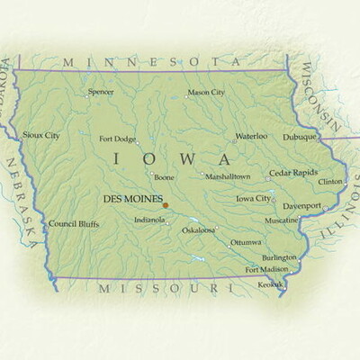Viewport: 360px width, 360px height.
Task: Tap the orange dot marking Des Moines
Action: (166, 205)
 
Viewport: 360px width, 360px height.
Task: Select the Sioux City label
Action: (41, 135)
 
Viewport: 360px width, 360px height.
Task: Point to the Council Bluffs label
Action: (75, 223)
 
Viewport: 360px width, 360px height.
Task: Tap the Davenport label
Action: (302, 205)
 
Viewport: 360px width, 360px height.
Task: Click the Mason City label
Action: (206, 92)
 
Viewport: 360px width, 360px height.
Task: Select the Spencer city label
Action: (101, 92)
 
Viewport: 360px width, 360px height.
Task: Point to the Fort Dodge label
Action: (118, 139)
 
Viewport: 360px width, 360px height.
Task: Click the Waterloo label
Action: (251, 136)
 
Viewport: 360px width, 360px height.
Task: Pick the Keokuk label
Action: (270, 283)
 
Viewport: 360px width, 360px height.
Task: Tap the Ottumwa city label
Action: (246, 242)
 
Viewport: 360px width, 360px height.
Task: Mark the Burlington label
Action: (280, 256)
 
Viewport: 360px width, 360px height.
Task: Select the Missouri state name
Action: (158, 289)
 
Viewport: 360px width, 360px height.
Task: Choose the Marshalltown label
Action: (227, 176)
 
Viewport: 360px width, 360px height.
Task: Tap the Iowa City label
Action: (253, 198)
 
